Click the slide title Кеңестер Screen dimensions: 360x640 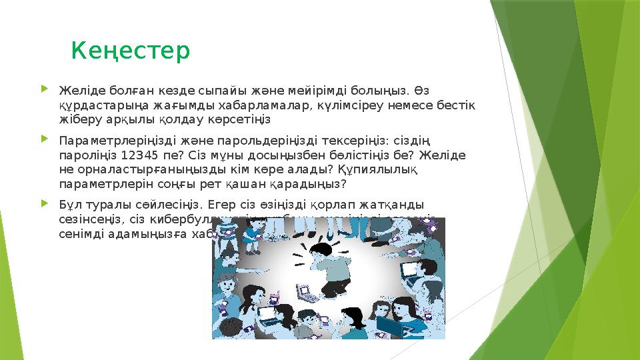coord(131,51)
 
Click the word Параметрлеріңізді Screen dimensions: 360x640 coord(109,141)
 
